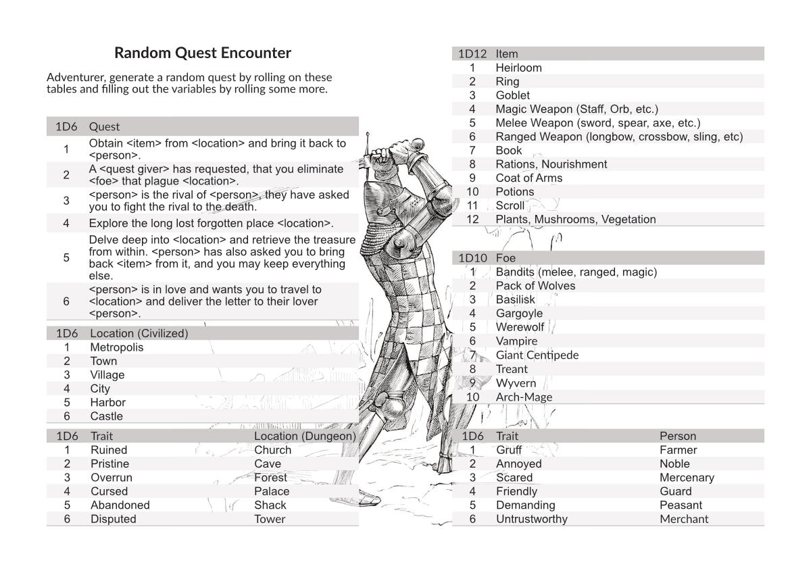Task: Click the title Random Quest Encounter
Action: click(203, 53)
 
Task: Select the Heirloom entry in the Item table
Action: click(518, 68)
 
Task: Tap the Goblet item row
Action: click(512, 95)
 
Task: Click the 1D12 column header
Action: click(472, 53)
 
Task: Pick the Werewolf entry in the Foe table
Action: click(520, 327)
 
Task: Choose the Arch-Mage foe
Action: click(524, 397)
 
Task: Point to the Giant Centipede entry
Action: click(537, 355)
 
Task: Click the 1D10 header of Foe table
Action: click(472, 258)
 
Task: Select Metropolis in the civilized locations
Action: click(117, 347)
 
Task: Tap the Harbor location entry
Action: click(108, 402)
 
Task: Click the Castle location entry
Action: click(107, 416)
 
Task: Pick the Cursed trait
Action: click(109, 491)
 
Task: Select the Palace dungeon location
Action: click(272, 491)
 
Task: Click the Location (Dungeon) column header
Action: click(305, 436)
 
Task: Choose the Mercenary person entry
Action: click(687, 478)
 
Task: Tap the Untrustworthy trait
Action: click(532, 519)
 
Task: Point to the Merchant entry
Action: click(684, 519)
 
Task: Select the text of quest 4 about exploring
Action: click(211, 223)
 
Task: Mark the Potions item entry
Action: click(515, 192)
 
